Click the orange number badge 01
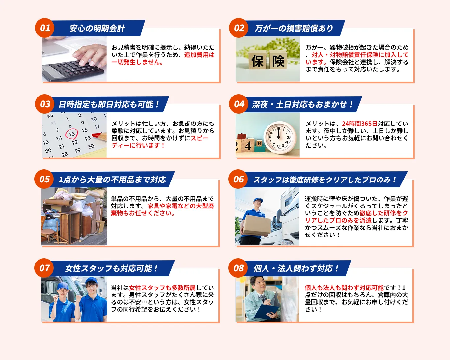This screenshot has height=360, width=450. [44, 28]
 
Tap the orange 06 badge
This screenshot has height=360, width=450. [238, 179]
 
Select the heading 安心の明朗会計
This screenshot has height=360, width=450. [97, 28]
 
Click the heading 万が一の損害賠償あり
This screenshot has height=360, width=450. [294, 28]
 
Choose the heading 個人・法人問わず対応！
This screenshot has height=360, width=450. [296, 268]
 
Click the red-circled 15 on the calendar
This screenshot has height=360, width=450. [72, 134]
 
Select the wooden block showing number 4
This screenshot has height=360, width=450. [248, 146]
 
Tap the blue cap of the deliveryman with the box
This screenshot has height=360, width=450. [258, 200]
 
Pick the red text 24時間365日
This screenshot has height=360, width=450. [359, 124]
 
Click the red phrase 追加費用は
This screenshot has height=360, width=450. [199, 55]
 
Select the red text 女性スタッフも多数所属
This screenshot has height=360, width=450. [162, 288]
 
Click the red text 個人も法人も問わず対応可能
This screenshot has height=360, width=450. [344, 288]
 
